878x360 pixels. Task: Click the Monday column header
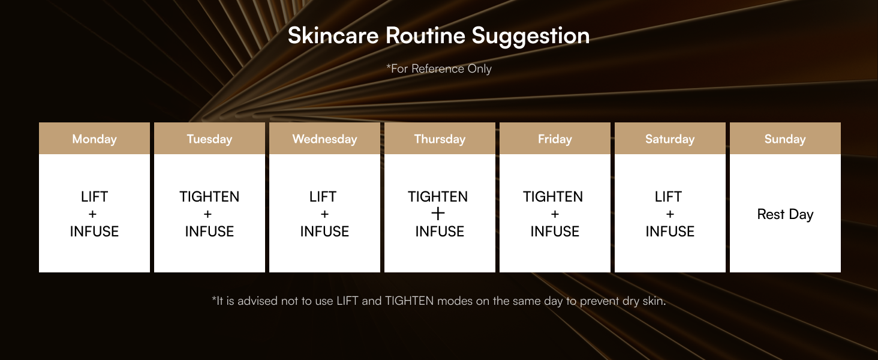point(94,139)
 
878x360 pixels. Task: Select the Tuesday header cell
point(209,139)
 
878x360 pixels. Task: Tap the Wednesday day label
point(324,139)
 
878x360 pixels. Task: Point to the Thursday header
point(440,139)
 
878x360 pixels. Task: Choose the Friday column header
point(555,139)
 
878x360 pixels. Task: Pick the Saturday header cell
point(670,139)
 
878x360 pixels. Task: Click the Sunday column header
point(785,139)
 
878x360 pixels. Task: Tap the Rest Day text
point(785,214)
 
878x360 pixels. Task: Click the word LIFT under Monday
point(94,197)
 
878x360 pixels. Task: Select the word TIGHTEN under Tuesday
point(209,197)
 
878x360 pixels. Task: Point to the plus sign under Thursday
point(438,214)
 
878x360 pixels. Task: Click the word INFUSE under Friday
point(555,232)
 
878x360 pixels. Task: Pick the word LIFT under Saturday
point(668,197)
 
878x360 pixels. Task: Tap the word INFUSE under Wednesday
point(324,232)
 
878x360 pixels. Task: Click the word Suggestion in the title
point(531,36)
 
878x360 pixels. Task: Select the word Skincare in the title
point(333,36)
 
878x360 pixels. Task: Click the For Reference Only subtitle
point(440,68)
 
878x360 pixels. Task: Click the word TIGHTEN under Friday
point(553,197)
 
